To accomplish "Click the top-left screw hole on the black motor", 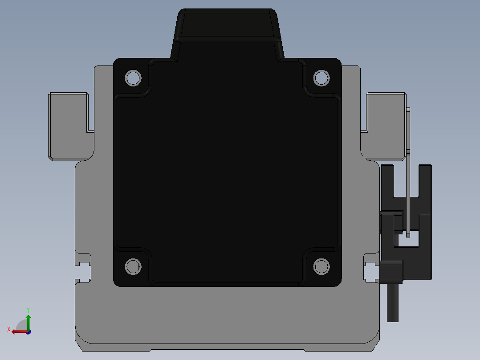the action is (x=133, y=78).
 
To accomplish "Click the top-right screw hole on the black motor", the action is (x=321, y=78).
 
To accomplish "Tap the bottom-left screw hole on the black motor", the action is (x=133, y=266).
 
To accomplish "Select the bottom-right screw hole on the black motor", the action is (x=321, y=266).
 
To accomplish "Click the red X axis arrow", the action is (x=20, y=332).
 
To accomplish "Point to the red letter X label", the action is (x=9, y=329).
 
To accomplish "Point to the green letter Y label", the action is (x=28, y=310).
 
